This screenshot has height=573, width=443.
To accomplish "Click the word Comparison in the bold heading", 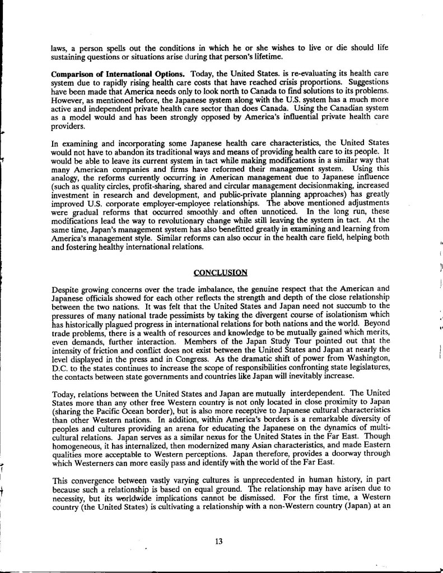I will (x=72, y=74).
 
